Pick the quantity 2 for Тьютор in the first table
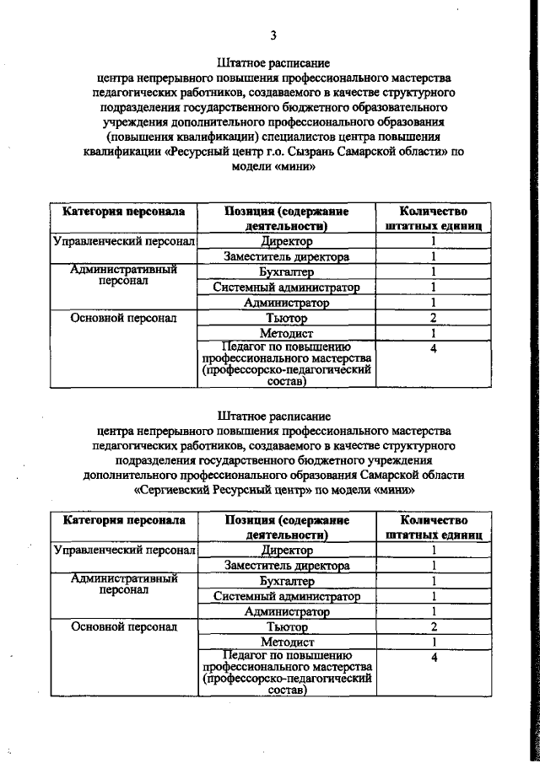(432, 318)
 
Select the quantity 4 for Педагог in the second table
(432, 656)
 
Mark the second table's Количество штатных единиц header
(432, 528)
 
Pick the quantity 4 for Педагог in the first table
(432, 347)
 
